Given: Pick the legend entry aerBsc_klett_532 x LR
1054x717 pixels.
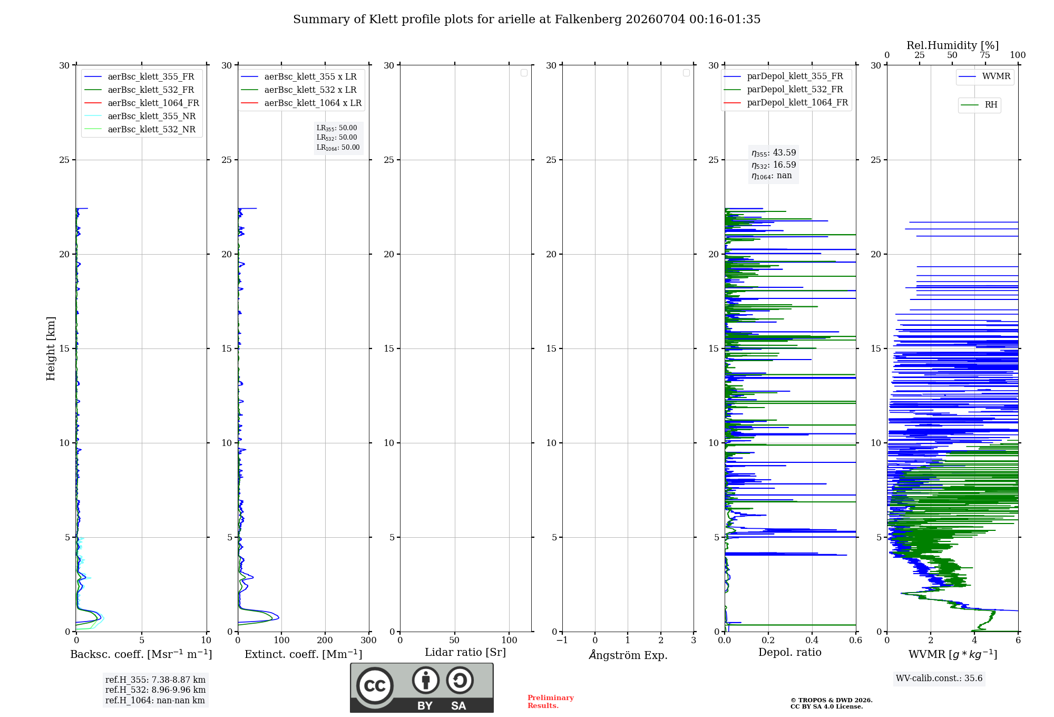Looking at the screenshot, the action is point(299,90).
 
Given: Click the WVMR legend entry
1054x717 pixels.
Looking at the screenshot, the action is point(984,76).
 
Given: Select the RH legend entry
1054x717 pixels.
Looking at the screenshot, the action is point(979,105).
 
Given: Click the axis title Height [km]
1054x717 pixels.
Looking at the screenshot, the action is point(51,348).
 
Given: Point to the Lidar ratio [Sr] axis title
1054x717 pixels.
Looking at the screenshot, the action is point(465,652).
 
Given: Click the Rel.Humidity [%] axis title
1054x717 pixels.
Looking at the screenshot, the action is point(953,45).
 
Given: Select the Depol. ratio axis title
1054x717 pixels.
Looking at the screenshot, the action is point(790,652).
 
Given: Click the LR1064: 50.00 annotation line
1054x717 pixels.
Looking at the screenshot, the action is point(338,148).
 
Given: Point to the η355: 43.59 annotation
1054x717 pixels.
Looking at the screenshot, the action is point(774,153).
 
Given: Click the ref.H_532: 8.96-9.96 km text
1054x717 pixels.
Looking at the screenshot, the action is point(155,690).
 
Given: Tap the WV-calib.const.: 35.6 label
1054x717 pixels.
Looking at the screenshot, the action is point(939,679).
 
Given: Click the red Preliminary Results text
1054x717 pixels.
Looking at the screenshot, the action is point(551,702).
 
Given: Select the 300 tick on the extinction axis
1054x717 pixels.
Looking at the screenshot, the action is point(369,641).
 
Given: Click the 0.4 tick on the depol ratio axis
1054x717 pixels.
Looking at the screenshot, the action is point(812,641).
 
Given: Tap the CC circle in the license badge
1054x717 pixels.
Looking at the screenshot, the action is point(375,686).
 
